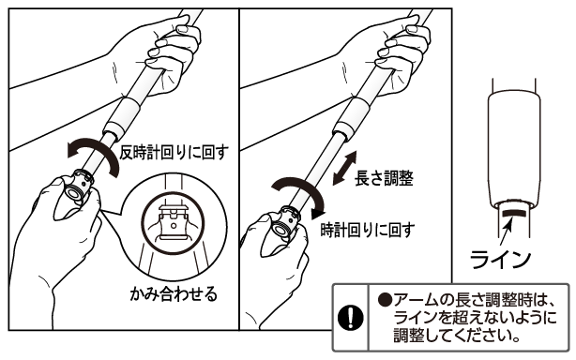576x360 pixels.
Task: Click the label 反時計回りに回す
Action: click(x=174, y=152)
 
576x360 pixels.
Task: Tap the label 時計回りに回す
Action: click(x=368, y=230)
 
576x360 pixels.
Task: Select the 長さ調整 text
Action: click(x=384, y=178)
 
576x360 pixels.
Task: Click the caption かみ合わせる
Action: click(x=174, y=293)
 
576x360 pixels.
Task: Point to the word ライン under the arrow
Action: click(x=500, y=259)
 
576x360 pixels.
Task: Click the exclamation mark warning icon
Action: click(x=351, y=317)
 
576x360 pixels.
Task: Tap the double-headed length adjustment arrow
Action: click(x=344, y=168)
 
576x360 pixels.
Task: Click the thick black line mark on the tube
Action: click(x=514, y=213)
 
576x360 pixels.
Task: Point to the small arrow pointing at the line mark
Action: click(x=507, y=231)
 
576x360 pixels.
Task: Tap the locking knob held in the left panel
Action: click(x=81, y=187)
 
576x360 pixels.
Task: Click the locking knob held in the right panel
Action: click(x=287, y=224)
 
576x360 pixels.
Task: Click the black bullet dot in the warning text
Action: click(x=385, y=301)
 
